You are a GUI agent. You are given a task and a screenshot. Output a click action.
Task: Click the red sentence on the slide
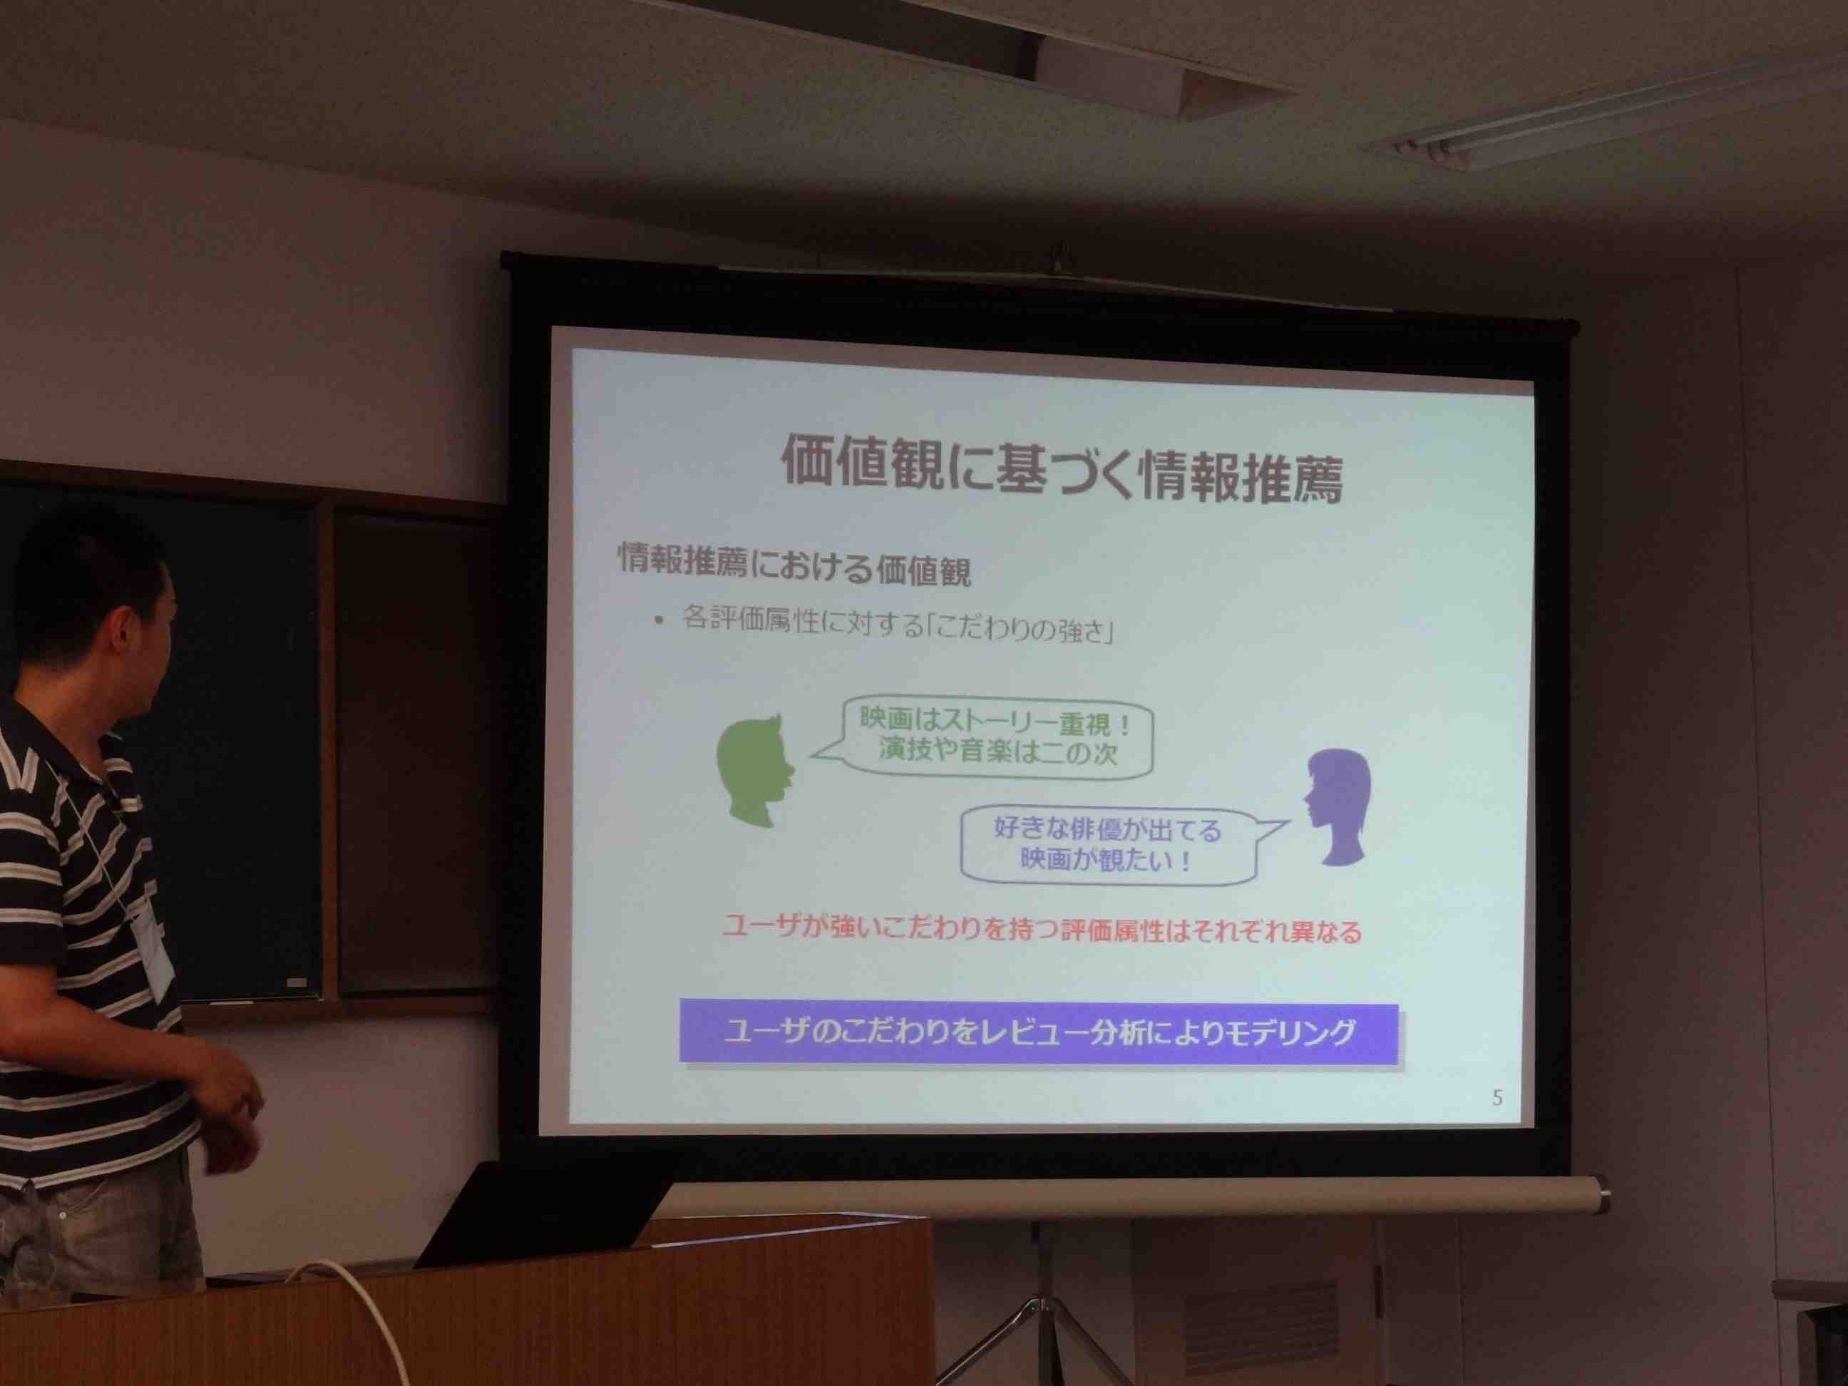(x=1041, y=930)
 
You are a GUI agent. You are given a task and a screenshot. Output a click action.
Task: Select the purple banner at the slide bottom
(x=1039, y=1032)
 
